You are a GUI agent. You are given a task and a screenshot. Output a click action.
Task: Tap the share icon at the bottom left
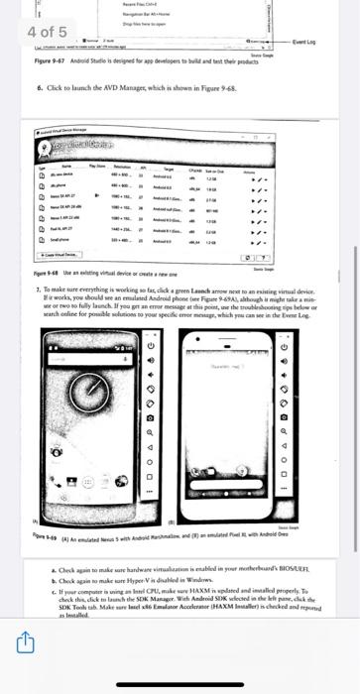(19, 671)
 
